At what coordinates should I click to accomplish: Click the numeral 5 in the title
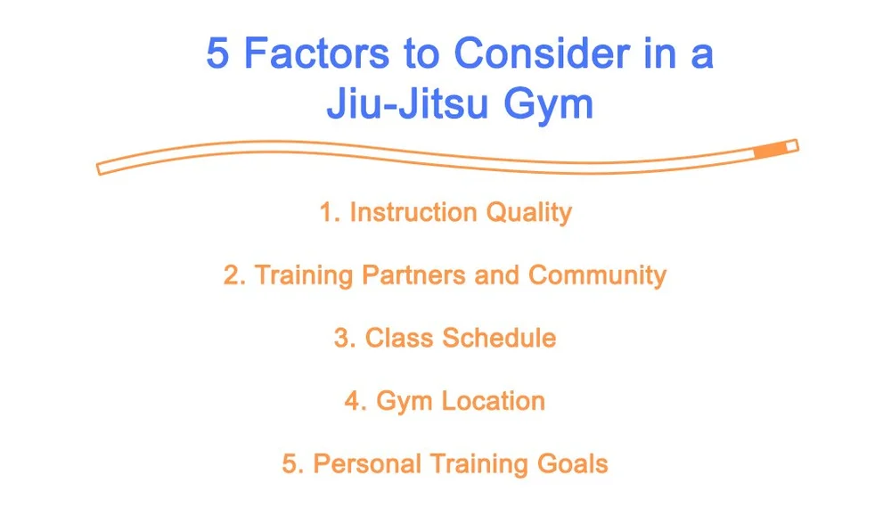coord(219,55)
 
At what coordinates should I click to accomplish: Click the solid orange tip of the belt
coord(772,149)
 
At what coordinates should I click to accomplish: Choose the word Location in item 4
coord(493,401)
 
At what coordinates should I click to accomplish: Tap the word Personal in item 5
coord(367,464)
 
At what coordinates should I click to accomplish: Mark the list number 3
coord(344,339)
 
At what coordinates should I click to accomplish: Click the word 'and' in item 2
coord(497,275)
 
